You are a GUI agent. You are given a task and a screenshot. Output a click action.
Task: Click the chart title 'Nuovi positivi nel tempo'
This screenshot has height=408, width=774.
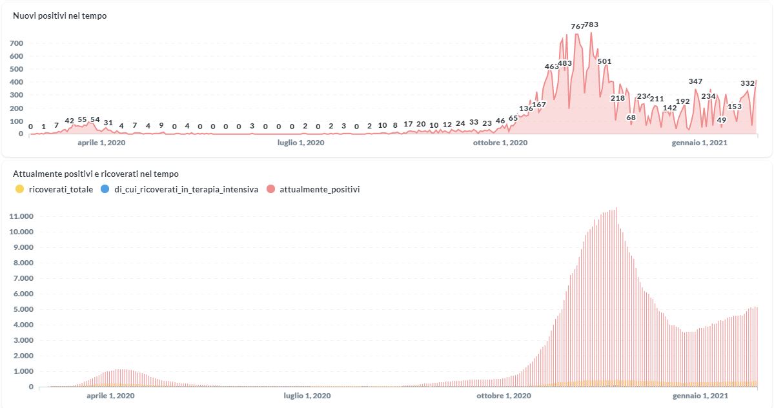60,16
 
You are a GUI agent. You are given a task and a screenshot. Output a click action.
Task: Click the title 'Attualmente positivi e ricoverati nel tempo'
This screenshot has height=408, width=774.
96,174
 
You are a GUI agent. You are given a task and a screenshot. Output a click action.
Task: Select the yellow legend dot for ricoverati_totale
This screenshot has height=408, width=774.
20,189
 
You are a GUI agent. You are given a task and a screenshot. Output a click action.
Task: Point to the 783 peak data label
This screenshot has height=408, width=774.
591,25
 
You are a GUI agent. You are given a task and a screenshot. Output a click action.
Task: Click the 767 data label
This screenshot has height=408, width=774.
577,26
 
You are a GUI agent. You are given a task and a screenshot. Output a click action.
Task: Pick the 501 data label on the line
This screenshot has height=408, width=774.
604,61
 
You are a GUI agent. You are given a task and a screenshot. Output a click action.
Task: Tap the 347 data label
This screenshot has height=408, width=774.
695,81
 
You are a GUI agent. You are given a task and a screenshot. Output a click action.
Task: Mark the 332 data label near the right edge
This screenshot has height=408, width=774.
748,83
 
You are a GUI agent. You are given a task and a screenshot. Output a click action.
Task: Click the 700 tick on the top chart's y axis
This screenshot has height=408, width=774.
17,43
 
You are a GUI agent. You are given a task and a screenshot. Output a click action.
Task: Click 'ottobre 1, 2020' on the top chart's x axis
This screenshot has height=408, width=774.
500,143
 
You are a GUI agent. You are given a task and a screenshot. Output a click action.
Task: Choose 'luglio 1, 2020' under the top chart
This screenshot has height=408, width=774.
301,143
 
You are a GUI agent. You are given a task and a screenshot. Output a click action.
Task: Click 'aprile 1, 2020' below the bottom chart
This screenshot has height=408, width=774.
110,395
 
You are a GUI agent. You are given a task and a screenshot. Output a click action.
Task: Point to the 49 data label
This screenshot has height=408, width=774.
722,120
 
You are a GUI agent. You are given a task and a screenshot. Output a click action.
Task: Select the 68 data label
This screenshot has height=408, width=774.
631,117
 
